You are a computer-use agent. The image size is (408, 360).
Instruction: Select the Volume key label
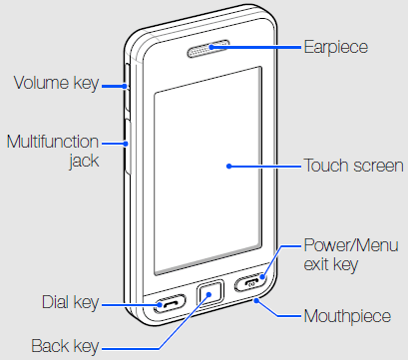click(x=55, y=84)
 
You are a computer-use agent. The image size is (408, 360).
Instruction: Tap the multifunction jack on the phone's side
click(x=127, y=142)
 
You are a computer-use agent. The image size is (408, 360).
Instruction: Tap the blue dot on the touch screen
click(x=228, y=167)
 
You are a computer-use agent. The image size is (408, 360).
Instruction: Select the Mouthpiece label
click(x=353, y=316)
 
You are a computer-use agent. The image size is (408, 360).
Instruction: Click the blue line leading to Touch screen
click(x=264, y=167)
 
